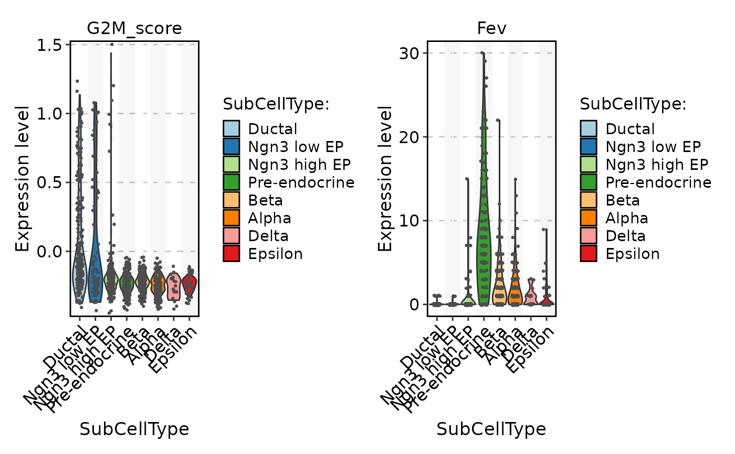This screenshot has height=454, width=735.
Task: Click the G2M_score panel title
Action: [x=134, y=28]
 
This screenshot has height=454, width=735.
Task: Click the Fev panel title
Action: [x=491, y=28]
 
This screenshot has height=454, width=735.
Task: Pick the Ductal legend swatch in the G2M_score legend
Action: [x=231, y=129]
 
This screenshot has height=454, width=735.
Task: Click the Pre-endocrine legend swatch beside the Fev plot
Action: [x=588, y=182]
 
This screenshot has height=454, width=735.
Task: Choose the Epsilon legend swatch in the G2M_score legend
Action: [x=231, y=254]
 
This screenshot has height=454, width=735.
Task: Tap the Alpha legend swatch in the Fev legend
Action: [x=588, y=218]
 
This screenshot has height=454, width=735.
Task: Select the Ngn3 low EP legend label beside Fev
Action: [x=653, y=147]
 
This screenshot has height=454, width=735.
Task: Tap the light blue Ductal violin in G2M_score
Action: [x=79, y=273]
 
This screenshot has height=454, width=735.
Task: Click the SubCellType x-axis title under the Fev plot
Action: [x=491, y=429]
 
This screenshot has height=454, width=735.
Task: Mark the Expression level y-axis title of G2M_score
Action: [x=22, y=178]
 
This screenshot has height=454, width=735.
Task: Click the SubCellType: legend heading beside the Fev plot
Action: [x=633, y=104]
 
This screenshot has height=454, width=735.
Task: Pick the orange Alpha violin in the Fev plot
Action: [x=515, y=286]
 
